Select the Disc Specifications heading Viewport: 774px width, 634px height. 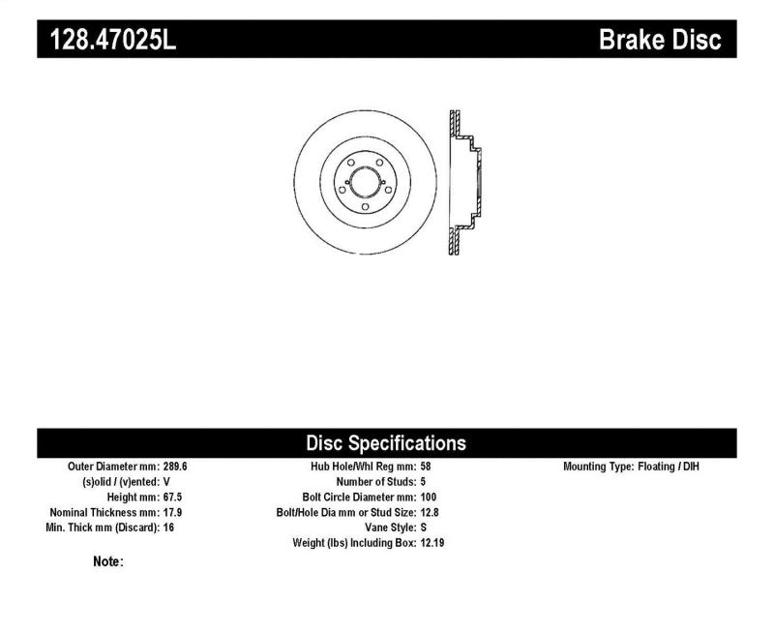tap(386, 443)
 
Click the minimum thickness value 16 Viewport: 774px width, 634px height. tap(169, 528)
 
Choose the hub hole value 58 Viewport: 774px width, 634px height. tap(426, 467)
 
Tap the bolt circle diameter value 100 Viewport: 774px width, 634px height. tap(430, 497)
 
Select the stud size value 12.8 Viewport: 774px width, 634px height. tap(432, 512)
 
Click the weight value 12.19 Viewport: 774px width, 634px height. tap(433, 543)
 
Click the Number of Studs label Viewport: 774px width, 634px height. tap(374, 482)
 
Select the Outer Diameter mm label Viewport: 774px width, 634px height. tap(106, 467)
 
